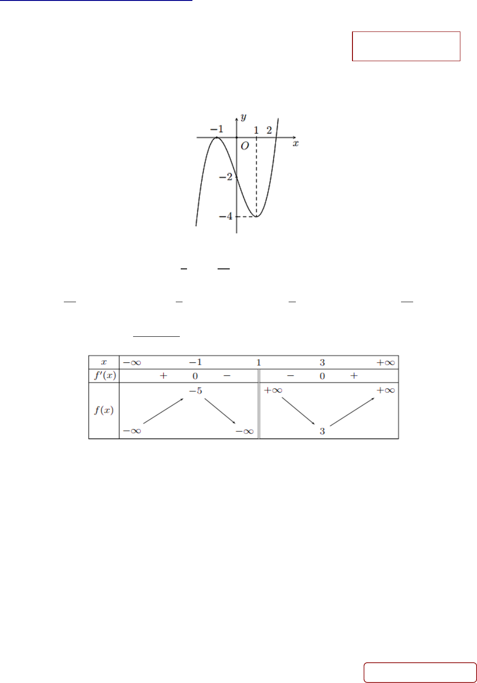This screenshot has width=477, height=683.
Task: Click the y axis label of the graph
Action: click(x=243, y=117)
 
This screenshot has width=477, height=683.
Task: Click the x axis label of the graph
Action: click(x=296, y=143)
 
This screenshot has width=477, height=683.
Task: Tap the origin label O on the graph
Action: click(x=245, y=147)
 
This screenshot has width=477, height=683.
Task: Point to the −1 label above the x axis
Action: click(x=217, y=129)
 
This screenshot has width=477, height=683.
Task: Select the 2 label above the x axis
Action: click(x=269, y=130)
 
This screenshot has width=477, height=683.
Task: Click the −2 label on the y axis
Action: click(x=226, y=177)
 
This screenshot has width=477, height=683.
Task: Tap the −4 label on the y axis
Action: click(x=226, y=216)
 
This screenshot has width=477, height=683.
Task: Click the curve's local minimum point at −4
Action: click(x=257, y=216)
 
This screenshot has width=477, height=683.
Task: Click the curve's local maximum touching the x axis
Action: click(x=217, y=138)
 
